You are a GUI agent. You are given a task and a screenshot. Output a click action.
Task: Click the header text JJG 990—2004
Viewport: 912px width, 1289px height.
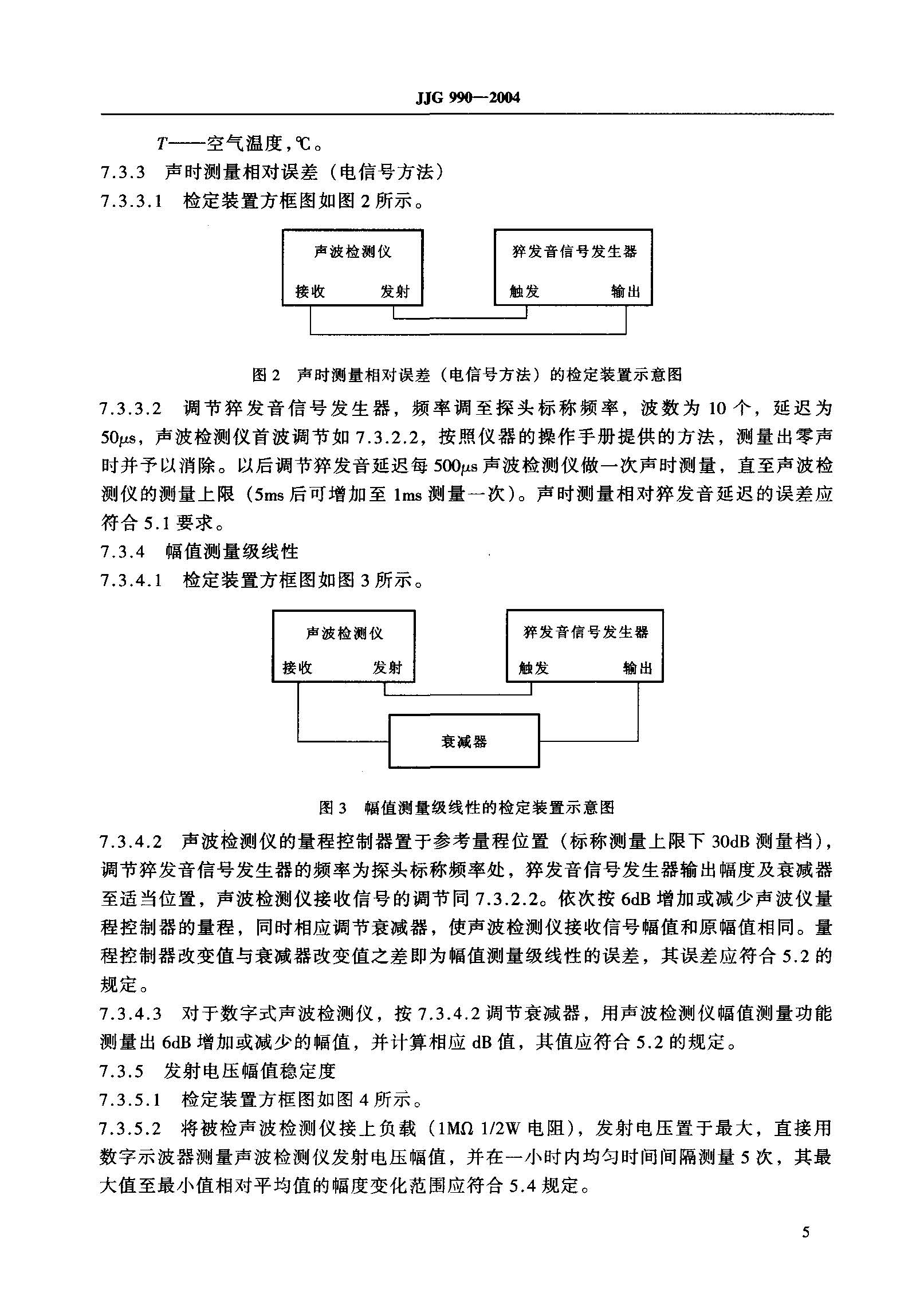pos(467,97)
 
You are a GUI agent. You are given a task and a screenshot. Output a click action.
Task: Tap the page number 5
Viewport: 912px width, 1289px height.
pos(805,1232)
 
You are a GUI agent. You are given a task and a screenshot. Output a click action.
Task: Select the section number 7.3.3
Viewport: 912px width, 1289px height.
pos(123,172)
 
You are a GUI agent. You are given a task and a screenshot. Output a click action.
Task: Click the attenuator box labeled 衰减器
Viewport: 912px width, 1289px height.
pos(464,741)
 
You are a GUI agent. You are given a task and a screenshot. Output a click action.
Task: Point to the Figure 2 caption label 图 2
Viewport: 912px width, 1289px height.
pos(267,375)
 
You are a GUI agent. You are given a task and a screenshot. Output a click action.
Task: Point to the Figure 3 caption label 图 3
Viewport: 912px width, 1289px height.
pos(333,808)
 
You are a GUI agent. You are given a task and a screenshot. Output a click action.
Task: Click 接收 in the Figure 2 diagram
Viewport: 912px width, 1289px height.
pos(310,292)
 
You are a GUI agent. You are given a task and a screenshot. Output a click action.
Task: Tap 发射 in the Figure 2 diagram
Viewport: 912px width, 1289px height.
pos(395,292)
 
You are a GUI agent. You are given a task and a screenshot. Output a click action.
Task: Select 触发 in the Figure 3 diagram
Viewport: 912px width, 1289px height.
pos(533,668)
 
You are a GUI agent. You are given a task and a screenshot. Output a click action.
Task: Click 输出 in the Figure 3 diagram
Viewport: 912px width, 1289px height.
pos(638,668)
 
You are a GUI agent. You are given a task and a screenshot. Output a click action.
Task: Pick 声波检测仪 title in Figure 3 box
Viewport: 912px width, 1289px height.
pos(344,633)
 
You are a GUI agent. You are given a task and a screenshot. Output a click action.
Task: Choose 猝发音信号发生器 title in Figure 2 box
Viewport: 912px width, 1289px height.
pos(574,251)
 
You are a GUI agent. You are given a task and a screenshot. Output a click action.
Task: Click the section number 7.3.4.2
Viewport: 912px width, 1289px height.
pos(131,842)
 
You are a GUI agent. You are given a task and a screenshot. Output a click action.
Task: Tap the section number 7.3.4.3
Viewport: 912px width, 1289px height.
pos(131,1013)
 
